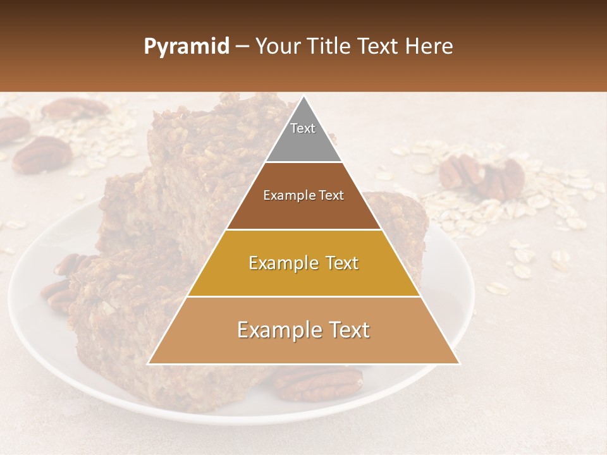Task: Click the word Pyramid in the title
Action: click(x=187, y=47)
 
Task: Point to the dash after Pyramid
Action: click(x=242, y=47)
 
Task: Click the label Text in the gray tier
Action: click(x=303, y=128)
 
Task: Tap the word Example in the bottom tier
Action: click(x=276, y=330)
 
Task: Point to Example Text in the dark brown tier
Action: click(x=303, y=195)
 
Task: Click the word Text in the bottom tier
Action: click(x=348, y=330)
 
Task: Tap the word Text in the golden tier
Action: click(x=338, y=263)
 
